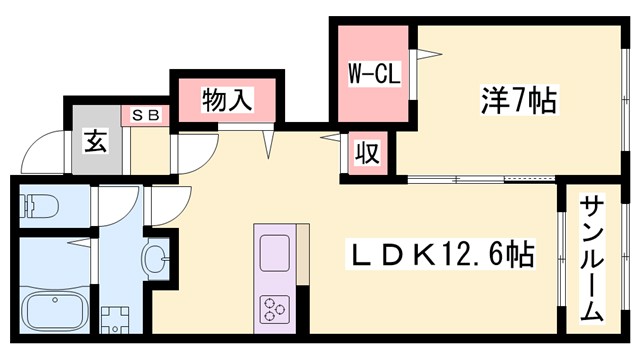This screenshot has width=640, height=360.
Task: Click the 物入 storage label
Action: (x=226, y=100)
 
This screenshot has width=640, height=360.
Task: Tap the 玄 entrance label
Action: (x=95, y=141)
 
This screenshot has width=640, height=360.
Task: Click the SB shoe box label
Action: (x=146, y=115)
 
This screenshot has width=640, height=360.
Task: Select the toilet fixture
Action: (x=39, y=206)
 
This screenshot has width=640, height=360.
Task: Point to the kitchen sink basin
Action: (x=274, y=251)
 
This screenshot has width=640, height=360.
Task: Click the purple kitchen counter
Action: (x=274, y=280)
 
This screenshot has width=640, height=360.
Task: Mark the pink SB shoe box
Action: (x=146, y=115)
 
